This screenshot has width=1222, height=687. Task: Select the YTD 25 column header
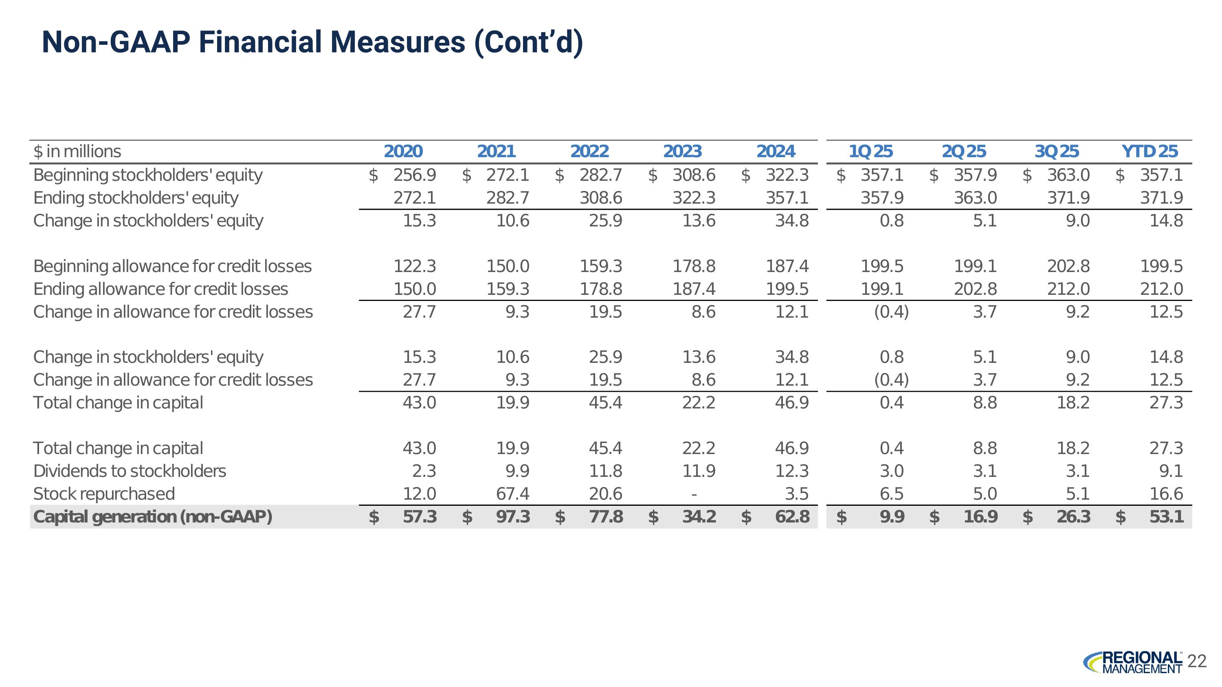[x=1149, y=151]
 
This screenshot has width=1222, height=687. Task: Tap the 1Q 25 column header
[x=870, y=151]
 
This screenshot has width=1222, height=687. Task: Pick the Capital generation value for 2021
[x=512, y=516]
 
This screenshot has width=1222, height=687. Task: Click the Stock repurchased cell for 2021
[x=512, y=494]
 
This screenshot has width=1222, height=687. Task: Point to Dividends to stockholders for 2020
[x=424, y=471]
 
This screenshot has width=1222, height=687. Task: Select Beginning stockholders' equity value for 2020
[x=414, y=175]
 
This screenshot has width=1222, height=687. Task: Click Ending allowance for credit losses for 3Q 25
[x=1068, y=289]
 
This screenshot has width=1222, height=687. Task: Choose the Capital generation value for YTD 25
[x=1166, y=516]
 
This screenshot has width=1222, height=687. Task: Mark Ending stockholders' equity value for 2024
[x=787, y=198]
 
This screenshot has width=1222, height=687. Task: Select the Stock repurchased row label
[x=104, y=494]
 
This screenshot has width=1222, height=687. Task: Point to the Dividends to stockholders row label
[x=130, y=471]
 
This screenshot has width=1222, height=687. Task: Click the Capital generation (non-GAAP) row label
[x=153, y=516]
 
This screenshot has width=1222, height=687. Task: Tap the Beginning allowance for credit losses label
[x=172, y=266]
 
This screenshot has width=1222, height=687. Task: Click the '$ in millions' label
[x=77, y=151]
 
